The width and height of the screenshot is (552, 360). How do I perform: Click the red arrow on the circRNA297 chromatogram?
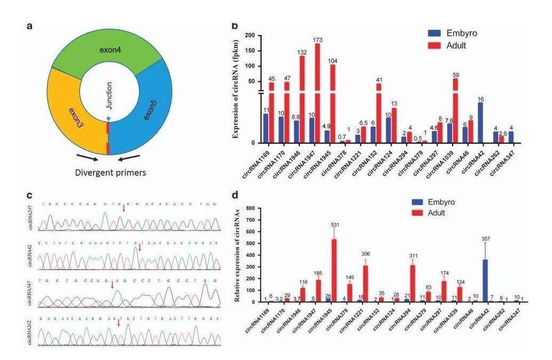click(x=124, y=208)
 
